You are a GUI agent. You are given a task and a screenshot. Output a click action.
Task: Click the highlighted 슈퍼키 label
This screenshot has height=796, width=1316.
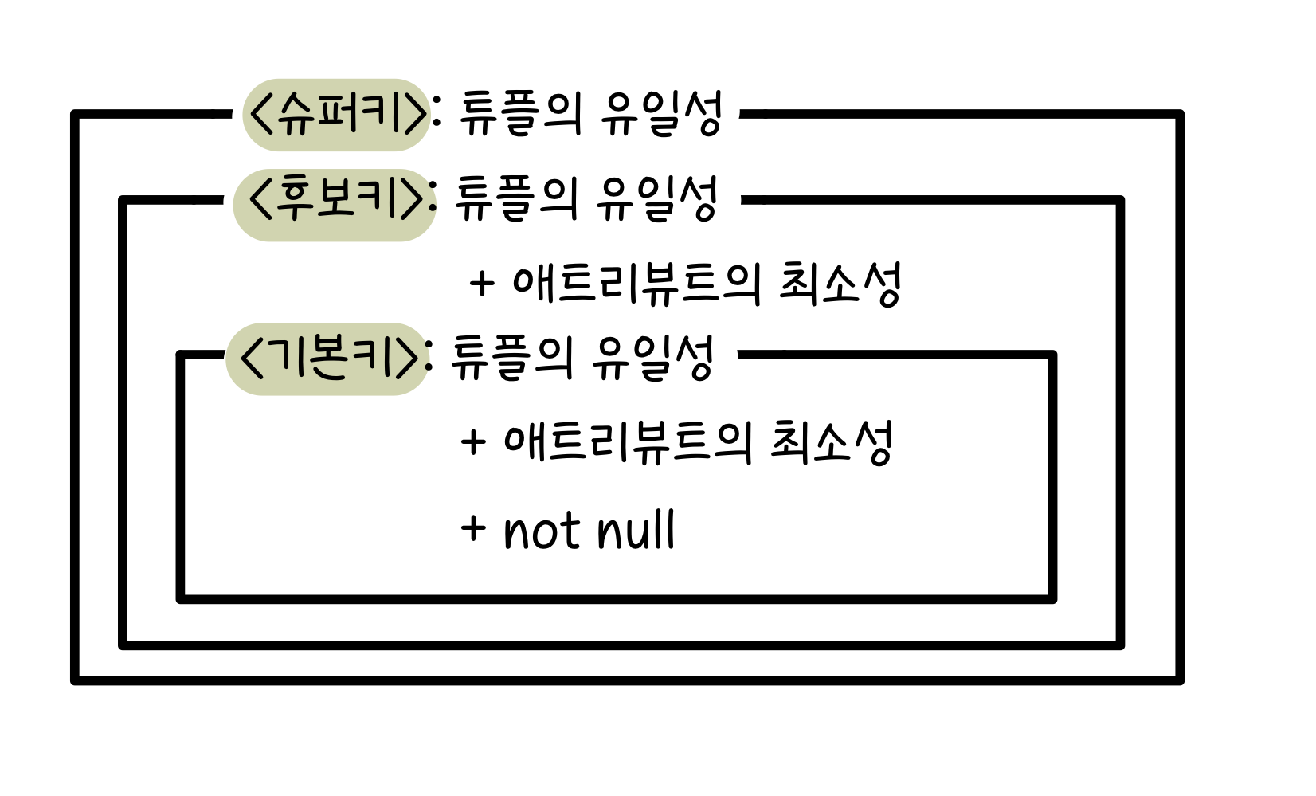pyautogui.click(x=336, y=115)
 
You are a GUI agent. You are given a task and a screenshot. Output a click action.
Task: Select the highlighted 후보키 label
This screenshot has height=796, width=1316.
pyautogui.click(x=335, y=203)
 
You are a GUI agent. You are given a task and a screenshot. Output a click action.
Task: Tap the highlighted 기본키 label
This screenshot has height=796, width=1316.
pyautogui.click(x=327, y=359)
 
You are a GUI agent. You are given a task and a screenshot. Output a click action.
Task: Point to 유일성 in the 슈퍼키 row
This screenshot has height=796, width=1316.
pyautogui.click(x=661, y=114)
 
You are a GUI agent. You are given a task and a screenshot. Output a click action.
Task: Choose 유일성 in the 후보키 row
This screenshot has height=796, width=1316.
pyautogui.click(x=657, y=199)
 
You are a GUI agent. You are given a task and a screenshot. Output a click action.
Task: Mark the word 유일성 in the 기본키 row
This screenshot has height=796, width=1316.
pyautogui.click(x=653, y=357)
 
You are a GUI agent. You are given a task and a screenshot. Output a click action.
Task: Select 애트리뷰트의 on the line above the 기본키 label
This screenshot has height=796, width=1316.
pyautogui.click(x=636, y=283)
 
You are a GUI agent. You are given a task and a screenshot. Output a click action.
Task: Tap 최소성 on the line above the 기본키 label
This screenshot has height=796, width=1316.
pyautogui.click(x=840, y=283)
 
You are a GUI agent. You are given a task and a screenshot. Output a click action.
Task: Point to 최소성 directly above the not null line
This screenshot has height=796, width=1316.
pyautogui.click(x=832, y=441)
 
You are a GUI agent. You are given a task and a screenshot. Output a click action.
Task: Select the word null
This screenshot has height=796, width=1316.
pyautogui.click(x=636, y=530)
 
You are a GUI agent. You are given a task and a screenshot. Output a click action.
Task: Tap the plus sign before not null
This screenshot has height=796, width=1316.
pyautogui.click(x=473, y=527)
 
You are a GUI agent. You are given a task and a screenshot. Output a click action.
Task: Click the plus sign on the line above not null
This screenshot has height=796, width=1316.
pyautogui.click(x=473, y=441)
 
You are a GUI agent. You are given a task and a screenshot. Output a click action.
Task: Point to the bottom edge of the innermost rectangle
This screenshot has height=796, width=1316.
pyautogui.click(x=617, y=598)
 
